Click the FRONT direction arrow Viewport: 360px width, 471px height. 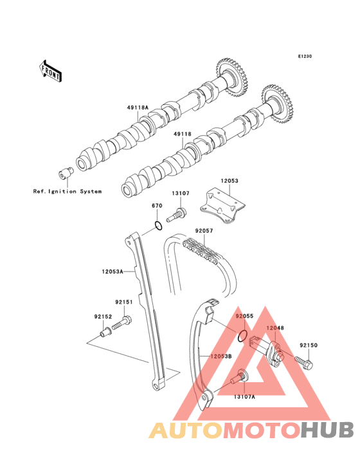pos(50,71)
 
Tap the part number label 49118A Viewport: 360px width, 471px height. pos(138,107)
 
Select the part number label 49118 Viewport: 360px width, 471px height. pos(182,134)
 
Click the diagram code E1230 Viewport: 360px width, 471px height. pos(305,56)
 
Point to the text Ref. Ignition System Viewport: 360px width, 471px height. pos(67,191)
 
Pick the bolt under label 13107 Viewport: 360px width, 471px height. pos(175,214)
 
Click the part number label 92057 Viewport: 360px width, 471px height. pos(204,231)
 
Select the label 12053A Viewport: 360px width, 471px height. pos(113,272)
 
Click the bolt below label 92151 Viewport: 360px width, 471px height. pos(122,322)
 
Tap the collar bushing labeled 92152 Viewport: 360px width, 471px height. pos(105,333)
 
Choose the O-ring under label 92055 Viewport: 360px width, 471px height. pos(242,335)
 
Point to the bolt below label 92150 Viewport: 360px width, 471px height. pos(303,362)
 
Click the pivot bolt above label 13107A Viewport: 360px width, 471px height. pos(239,377)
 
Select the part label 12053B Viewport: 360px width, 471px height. pos(221,356)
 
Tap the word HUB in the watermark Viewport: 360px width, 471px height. pos(328,430)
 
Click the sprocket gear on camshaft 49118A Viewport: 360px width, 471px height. pos(233,77)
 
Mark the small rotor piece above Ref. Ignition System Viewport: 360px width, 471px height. pos(66,172)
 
